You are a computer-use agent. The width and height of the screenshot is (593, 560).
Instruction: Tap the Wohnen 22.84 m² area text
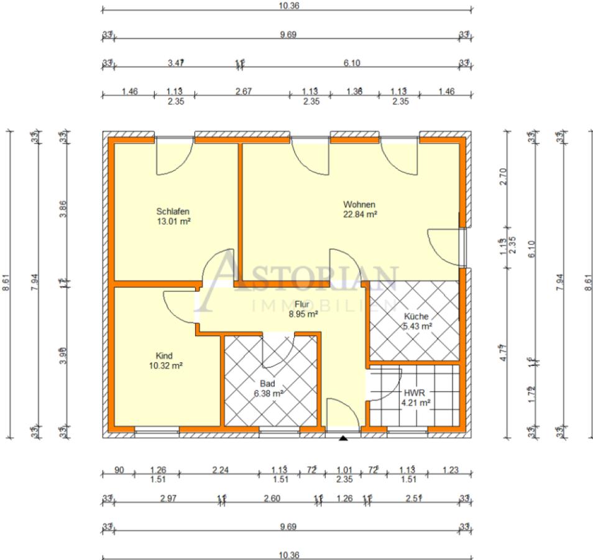pos(361,214)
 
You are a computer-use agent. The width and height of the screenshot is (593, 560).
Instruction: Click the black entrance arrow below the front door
pos(342,439)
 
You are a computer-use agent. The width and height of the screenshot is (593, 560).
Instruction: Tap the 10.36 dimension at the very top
pos(287,5)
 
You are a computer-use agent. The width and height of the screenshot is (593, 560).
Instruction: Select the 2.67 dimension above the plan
pos(242,91)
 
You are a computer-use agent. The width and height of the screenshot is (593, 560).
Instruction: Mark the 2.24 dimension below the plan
pos(221,470)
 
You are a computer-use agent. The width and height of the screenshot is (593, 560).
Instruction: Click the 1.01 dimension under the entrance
pos(344,470)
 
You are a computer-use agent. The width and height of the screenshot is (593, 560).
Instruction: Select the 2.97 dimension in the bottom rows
pos(168,498)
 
